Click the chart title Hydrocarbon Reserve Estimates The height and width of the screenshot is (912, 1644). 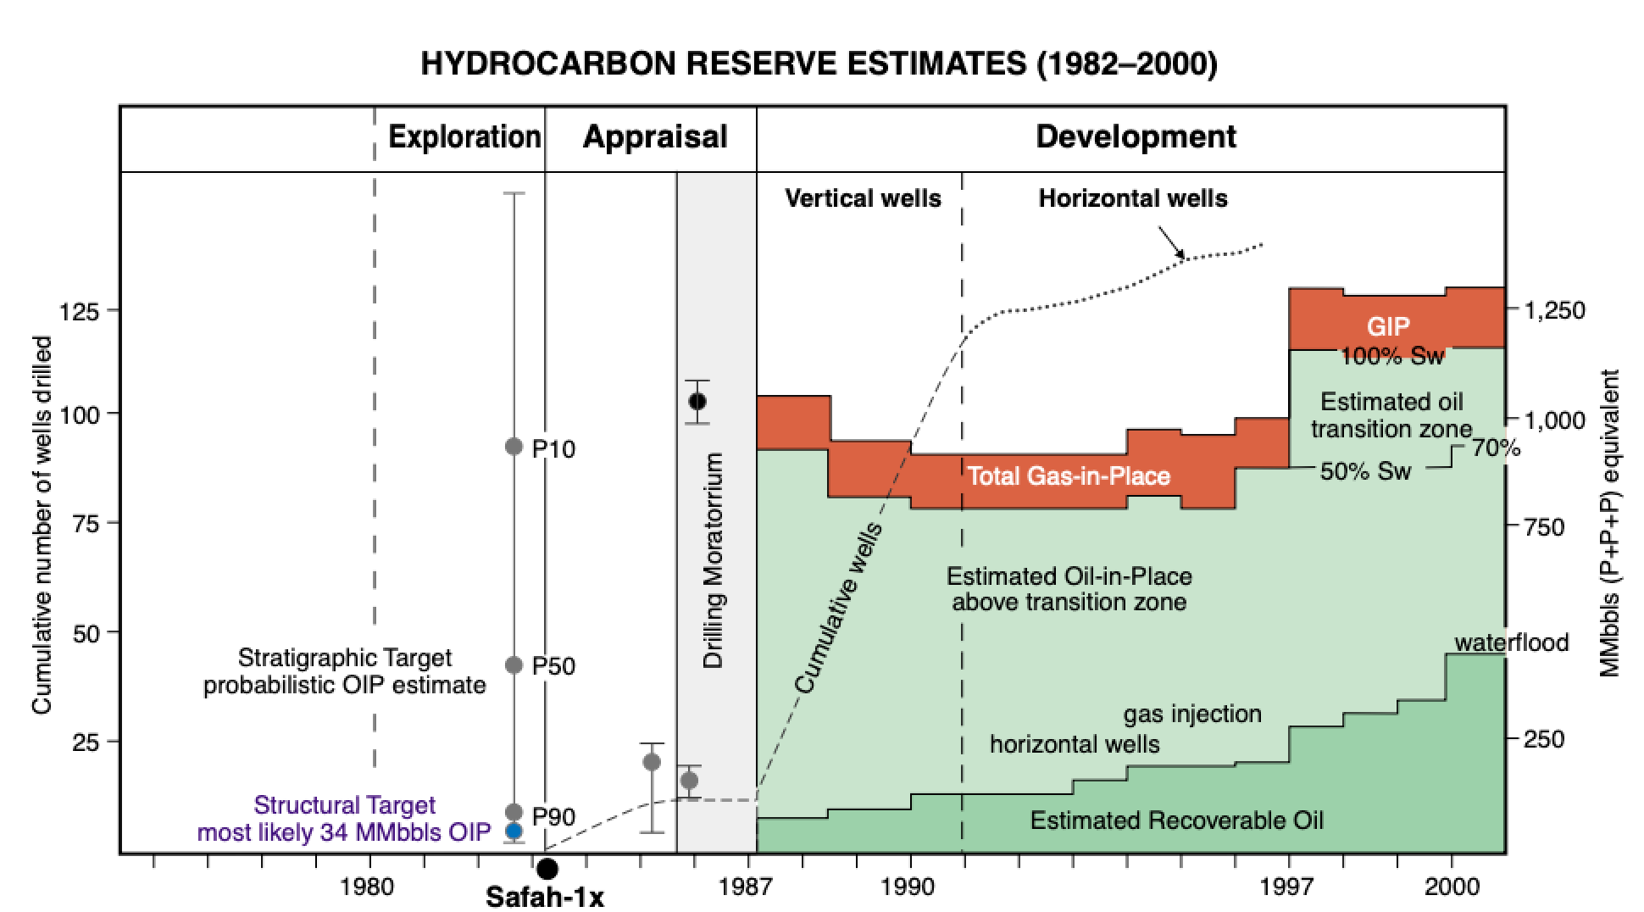(819, 64)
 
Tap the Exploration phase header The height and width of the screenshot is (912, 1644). (464, 136)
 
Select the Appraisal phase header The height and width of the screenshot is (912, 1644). (654, 136)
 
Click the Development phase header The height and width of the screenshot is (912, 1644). (1136, 136)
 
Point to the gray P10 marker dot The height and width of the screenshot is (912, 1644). (514, 447)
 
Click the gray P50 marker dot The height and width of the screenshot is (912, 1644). (514, 665)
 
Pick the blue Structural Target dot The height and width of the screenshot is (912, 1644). (514, 831)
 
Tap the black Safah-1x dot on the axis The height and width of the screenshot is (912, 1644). (547, 869)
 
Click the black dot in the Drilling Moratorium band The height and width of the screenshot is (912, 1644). (697, 401)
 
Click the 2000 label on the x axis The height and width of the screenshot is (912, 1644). (1452, 887)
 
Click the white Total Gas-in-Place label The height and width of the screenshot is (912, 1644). (1069, 476)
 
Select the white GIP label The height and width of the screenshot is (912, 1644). (1388, 327)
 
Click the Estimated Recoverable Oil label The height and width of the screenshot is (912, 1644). (1176, 820)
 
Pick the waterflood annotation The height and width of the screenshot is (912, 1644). (1511, 642)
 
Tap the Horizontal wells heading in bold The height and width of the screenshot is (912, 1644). (1133, 198)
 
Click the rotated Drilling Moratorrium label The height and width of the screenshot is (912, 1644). (714, 560)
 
